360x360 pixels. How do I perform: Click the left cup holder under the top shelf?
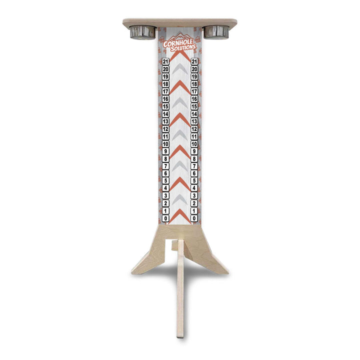(143, 31)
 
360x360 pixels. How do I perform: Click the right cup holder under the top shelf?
(216, 31)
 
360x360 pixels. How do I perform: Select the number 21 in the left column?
(165, 61)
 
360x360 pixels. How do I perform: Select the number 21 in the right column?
(194, 61)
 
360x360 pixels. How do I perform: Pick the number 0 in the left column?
(165, 218)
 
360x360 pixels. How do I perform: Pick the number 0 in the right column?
(194, 218)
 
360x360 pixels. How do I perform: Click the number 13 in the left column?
(165, 121)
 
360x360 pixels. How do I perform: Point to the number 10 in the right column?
(194, 144)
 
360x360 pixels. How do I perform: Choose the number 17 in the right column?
(194, 91)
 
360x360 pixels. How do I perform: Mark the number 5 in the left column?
(165, 181)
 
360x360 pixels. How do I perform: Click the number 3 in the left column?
(165, 196)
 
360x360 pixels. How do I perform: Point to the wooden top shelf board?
(180, 22)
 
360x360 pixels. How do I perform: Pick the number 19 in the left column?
(165, 76)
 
